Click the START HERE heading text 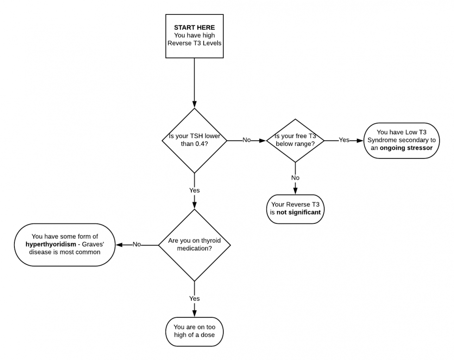click(194, 27)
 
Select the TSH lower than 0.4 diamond click(194, 140)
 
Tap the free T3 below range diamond click(295, 140)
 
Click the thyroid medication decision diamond click(194, 245)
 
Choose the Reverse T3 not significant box click(295, 209)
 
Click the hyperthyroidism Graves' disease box click(64, 244)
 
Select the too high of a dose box click(194, 330)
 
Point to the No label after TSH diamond click(247, 140)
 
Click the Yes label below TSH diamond click(194, 190)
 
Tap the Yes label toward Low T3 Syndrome click(344, 140)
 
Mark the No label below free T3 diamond click(295, 177)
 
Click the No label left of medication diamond click(137, 244)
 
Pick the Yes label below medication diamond click(194, 298)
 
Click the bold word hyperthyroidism click(51, 244)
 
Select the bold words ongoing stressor click(406, 148)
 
